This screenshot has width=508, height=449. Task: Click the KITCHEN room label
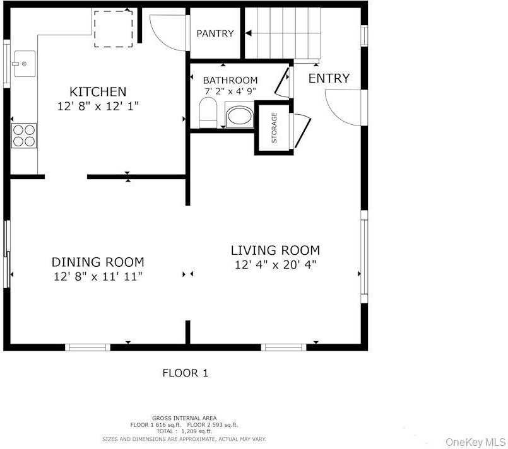98,91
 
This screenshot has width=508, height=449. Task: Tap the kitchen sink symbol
24,64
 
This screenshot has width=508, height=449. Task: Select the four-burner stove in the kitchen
24,135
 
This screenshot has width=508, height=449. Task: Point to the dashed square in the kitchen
114,28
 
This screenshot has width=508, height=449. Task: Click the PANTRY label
215,33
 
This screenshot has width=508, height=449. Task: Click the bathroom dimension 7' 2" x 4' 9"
230,91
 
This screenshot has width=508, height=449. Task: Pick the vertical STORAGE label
274,128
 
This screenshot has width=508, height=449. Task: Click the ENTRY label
328,78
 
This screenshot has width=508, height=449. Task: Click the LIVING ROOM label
275,250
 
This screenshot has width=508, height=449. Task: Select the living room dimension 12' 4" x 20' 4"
275,265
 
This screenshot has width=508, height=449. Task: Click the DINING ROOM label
97,262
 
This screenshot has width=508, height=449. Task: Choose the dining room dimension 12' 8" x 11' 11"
97,276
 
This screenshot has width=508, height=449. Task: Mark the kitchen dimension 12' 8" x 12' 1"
98,107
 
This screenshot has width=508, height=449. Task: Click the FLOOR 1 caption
185,373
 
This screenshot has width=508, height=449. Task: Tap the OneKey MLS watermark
475,442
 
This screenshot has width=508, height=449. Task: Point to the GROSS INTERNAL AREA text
184,418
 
